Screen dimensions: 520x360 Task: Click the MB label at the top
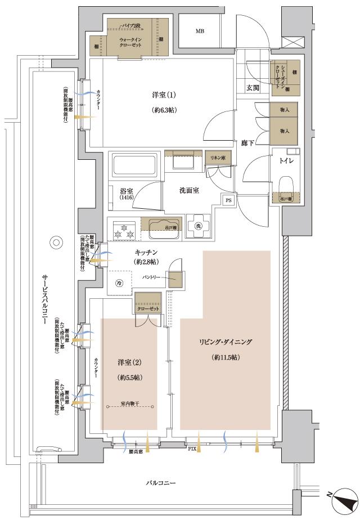(x=199, y=32)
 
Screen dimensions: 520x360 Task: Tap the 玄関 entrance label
(x=253, y=87)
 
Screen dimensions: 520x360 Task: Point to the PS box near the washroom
(x=228, y=200)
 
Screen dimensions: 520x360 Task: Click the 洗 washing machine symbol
(x=198, y=225)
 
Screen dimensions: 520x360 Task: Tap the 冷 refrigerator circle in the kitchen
(x=119, y=283)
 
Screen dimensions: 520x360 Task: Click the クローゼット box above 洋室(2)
(x=148, y=309)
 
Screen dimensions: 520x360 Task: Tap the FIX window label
(x=192, y=449)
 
